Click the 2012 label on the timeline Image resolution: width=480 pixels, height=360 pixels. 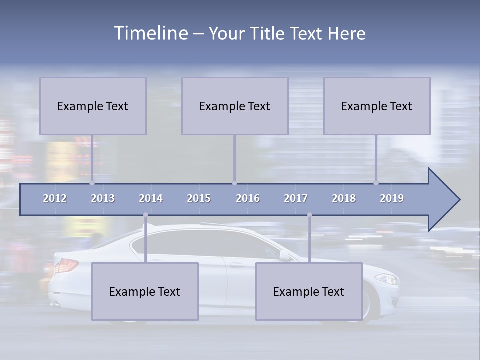pyautogui.click(x=55, y=198)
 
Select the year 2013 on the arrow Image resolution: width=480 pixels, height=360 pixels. pyautogui.click(x=103, y=198)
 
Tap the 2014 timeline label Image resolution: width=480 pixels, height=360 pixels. pyautogui.click(x=151, y=198)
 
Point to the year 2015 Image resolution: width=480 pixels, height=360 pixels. pyautogui.click(x=199, y=198)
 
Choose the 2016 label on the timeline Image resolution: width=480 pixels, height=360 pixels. pyautogui.click(x=248, y=198)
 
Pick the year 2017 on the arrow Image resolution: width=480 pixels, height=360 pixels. pyautogui.click(x=296, y=198)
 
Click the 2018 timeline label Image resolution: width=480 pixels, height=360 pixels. pyautogui.click(x=344, y=198)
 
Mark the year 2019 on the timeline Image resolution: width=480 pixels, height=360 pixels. pyautogui.click(x=392, y=198)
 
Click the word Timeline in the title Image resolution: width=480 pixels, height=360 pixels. pyautogui.click(x=150, y=33)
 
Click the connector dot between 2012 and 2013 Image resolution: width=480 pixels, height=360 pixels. pyautogui.click(x=92, y=183)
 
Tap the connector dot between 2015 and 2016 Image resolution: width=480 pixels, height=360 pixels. pyautogui.click(x=234, y=183)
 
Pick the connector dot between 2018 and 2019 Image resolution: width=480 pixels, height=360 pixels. pyautogui.click(x=376, y=183)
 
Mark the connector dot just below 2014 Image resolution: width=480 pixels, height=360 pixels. pyautogui.click(x=145, y=215)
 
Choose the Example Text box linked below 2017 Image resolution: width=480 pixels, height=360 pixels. pyautogui.click(x=309, y=292)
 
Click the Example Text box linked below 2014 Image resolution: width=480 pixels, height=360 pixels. pyautogui.click(x=145, y=292)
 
